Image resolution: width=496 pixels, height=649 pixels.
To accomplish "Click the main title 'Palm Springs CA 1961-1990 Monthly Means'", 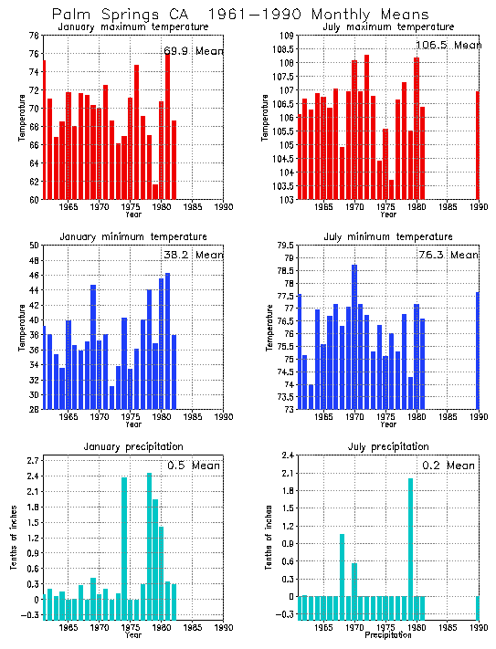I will (x=239, y=15).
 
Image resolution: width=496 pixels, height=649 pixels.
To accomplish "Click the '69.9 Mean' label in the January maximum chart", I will (x=193, y=49).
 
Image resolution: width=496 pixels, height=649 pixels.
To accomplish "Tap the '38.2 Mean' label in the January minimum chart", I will (x=192, y=255).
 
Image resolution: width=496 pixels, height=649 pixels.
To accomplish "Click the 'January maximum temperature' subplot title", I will (x=133, y=27).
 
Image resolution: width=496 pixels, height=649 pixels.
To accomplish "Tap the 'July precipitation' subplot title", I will (x=388, y=446).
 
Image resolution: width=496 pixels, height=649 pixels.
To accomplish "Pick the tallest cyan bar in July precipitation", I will (x=411, y=538).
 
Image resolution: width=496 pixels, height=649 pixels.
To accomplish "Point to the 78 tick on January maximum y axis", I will (x=34, y=36).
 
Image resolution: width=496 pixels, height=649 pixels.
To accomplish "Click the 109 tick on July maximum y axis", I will (x=285, y=36).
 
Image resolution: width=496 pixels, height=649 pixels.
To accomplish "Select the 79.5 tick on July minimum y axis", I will (x=285, y=246).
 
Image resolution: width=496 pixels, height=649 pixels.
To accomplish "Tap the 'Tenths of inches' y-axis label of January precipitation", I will (x=14, y=539).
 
